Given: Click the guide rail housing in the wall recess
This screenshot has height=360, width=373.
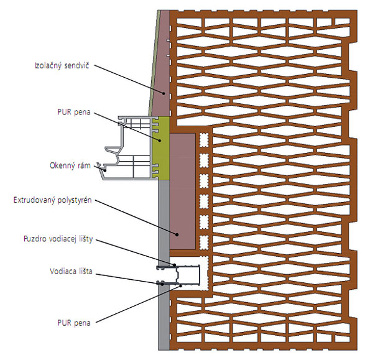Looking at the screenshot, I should pyautogui.click(x=186, y=274).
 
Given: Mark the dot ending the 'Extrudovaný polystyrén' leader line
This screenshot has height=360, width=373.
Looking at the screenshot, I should pyautogui.click(x=177, y=235).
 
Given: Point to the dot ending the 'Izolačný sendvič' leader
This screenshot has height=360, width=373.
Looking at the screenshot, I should pyautogui.click(x=163, y=93).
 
